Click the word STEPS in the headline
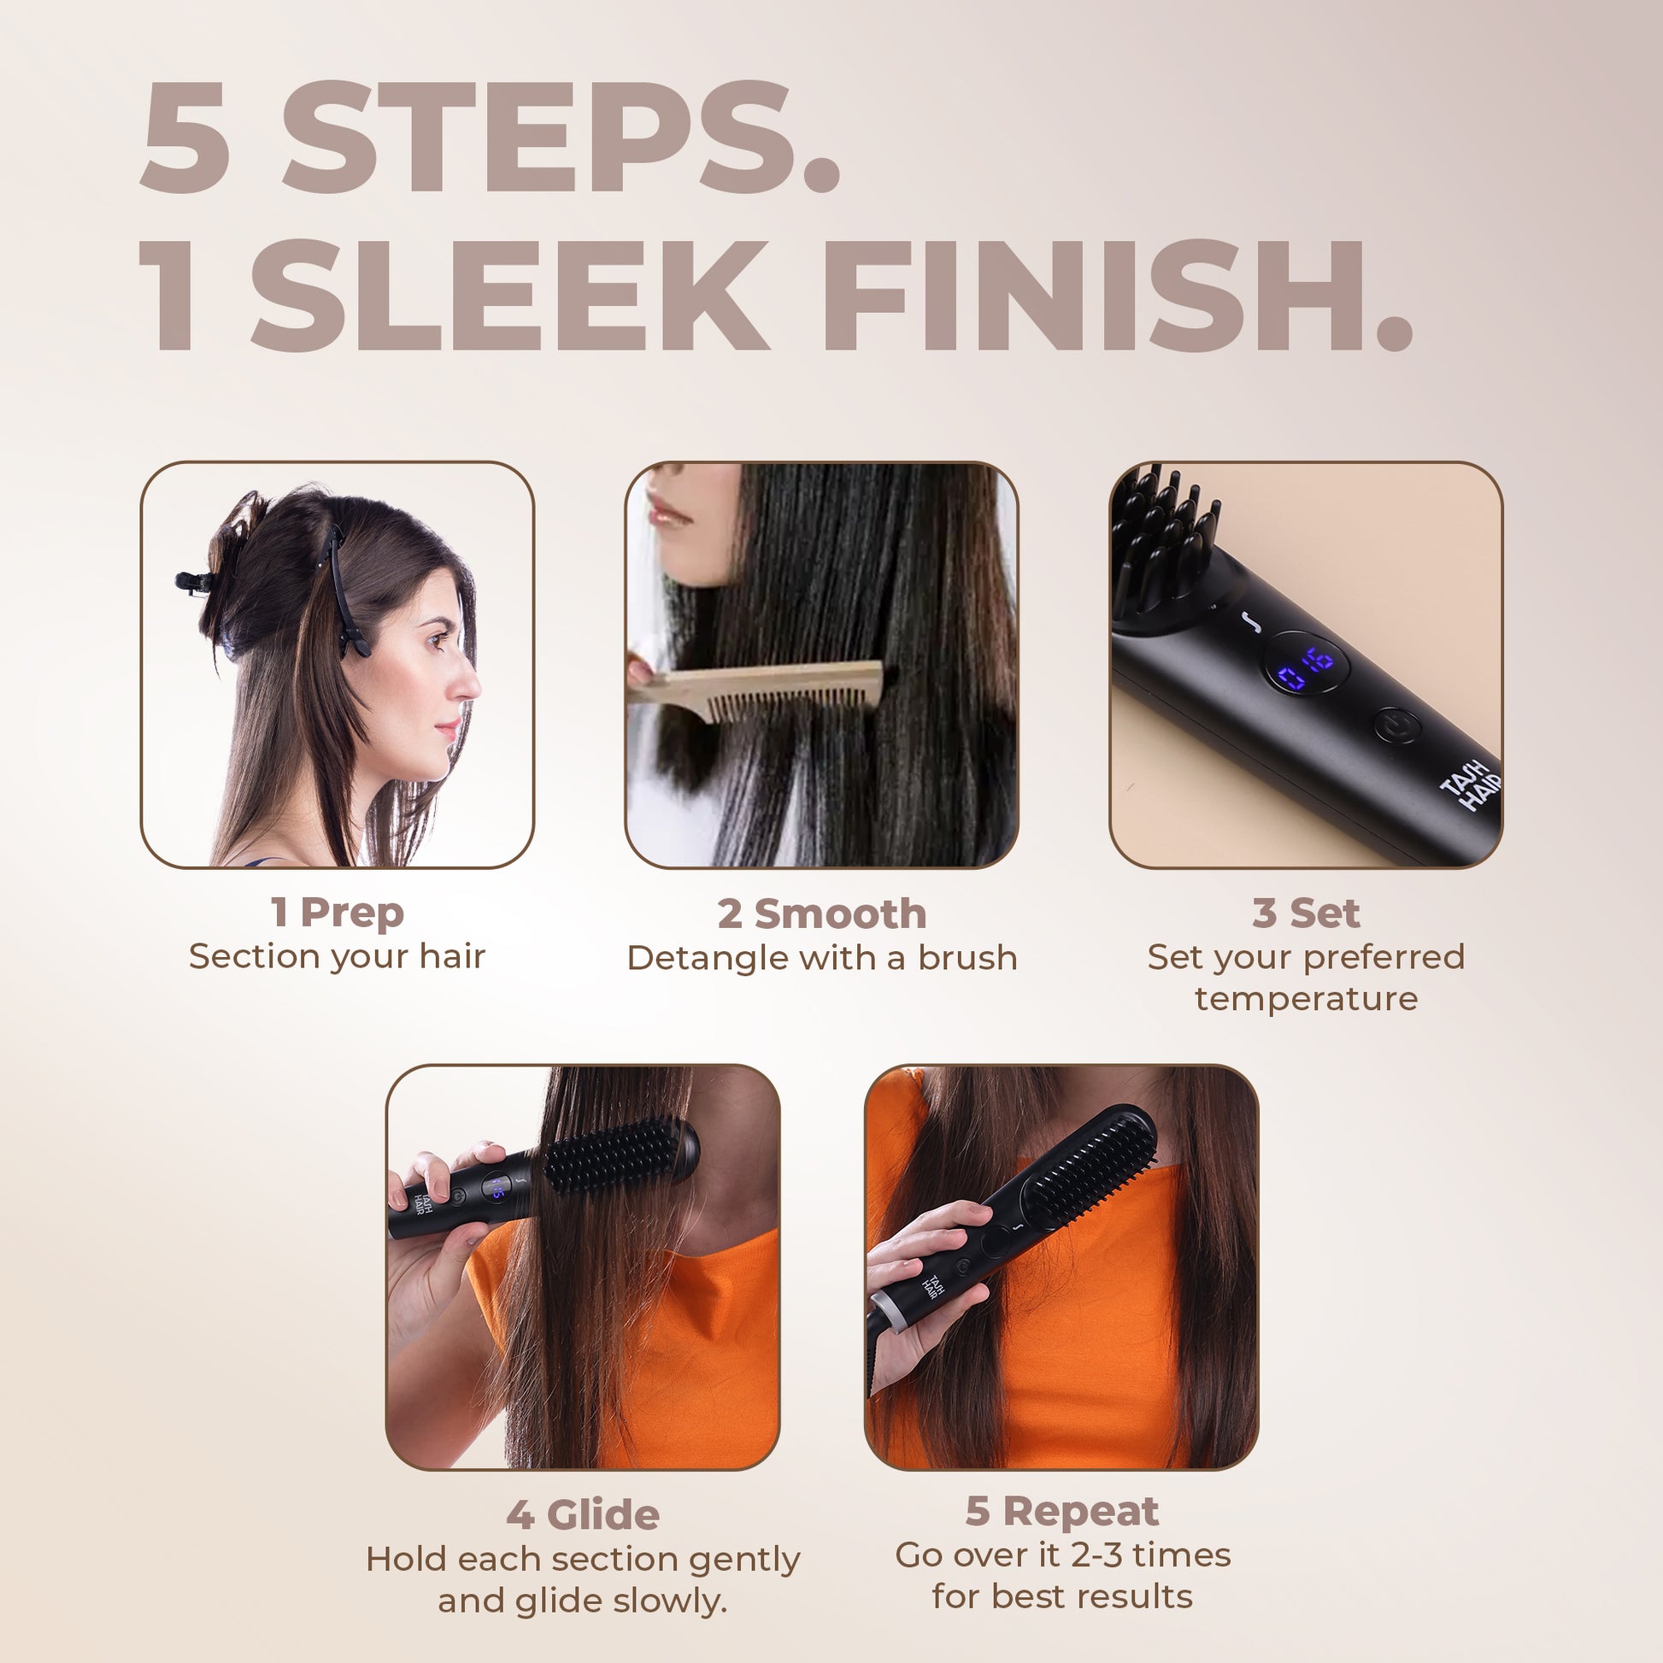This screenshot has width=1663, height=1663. click(560, 138)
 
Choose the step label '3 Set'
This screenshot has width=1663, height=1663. click(1306, 914)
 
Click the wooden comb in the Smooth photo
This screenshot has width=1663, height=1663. click(757, 689)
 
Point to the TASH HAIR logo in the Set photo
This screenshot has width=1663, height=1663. click(1472, 784)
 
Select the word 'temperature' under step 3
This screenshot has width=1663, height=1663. click(1306, 999)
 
